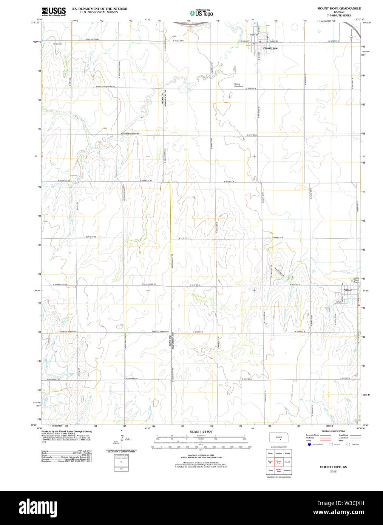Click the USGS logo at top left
53,11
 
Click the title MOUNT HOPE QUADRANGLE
339,8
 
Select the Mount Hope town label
270,48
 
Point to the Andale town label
347,290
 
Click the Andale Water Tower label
356,280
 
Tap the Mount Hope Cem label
238,85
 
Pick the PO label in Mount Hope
254,44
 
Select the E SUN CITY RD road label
90,237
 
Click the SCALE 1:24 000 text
201,432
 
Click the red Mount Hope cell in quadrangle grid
279,462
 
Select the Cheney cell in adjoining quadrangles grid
270,471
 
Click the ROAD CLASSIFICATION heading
333,431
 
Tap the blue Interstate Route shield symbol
309,445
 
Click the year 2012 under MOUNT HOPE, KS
333,471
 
